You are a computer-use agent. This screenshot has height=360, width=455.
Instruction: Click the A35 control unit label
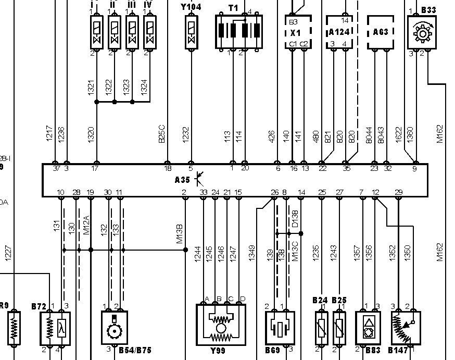pos(182,179)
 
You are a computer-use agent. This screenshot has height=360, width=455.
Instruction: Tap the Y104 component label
pos(191,7)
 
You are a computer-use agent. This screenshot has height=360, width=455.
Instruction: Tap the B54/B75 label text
pos(135,351)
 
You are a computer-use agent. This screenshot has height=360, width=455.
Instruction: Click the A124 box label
pos(339,32)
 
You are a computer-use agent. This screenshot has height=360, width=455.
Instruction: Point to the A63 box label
pos(381,32)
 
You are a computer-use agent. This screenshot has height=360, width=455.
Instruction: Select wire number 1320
pos(92,134)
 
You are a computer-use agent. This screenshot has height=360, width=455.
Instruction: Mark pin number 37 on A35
pos(56,169)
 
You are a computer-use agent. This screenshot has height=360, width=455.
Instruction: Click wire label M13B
pos(179,233)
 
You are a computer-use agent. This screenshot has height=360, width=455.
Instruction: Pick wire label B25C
pos(162,133)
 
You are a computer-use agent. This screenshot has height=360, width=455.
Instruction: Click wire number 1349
pos(252,253)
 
